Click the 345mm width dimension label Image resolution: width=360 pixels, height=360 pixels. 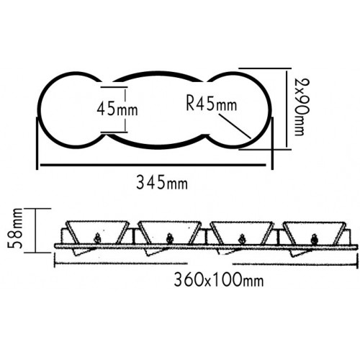tap(162, 182)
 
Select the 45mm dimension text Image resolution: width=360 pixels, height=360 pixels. tap(117, 109)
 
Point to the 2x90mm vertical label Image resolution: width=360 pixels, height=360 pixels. tap(302, 107)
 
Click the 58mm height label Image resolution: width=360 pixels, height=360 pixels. tap(15, 228)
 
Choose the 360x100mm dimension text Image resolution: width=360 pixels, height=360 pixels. tap(219, 279)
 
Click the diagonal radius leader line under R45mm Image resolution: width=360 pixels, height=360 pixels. tap(235, 126)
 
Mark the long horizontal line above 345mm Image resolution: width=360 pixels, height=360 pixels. tap(153, 165)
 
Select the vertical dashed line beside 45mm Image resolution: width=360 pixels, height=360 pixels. tap(125, 109)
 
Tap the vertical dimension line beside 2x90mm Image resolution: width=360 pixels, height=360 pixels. tap(286, 109)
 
